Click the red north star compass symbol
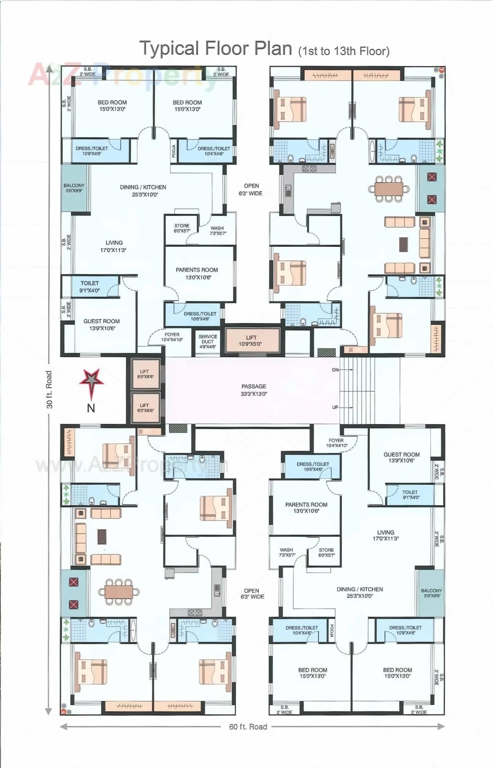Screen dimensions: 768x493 tap(92, 381)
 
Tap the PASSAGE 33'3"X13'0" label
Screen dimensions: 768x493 tap(254, 390)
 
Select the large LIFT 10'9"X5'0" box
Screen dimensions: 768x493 tap(252, 340)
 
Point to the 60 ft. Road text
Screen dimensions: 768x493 tap(248, 726)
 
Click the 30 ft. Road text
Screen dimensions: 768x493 tap(49, 389)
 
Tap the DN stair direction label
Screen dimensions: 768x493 tap(335, 370)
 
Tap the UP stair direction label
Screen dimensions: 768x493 tap(335, 407)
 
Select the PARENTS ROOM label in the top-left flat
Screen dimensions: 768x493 tap(197, 273)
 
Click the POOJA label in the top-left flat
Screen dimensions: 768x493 tap(174, 151)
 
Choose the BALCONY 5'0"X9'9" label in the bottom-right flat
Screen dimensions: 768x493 tap(431, 593)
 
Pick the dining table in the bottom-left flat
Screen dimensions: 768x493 tap(119, 592)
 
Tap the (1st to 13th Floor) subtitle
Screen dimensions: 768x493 tap(344, 51)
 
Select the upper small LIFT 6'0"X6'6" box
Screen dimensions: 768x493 tap(145, 374)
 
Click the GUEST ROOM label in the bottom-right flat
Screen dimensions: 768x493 tap(401, 457)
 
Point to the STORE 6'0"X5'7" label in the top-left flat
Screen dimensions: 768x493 tap(182, 228)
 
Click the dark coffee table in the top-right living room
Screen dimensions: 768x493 tap(403, 244)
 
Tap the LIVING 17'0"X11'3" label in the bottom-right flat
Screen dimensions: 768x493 tap(385, 535)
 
